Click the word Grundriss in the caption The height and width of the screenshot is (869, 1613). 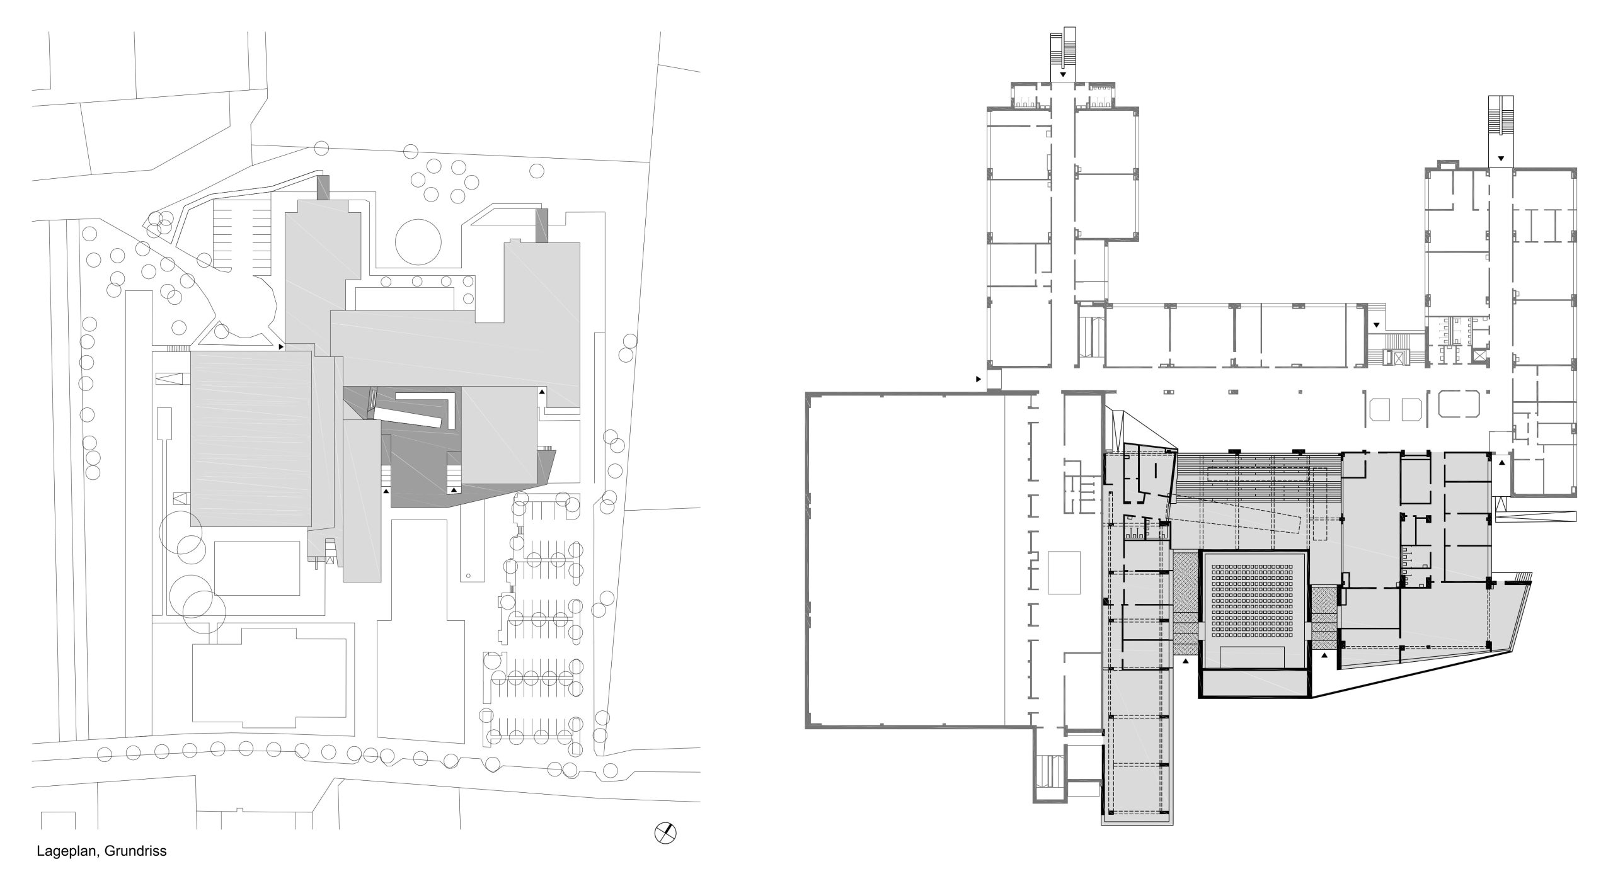pos(135,851)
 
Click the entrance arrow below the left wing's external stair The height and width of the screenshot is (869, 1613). pos(1063,74)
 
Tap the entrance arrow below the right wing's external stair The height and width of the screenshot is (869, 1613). pos(1501,157)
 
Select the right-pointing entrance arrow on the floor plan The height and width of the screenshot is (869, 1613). pos(979,379)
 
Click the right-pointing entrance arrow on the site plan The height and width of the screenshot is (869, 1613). pos(281,346)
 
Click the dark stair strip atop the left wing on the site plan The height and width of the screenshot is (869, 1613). pos(323,187)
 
